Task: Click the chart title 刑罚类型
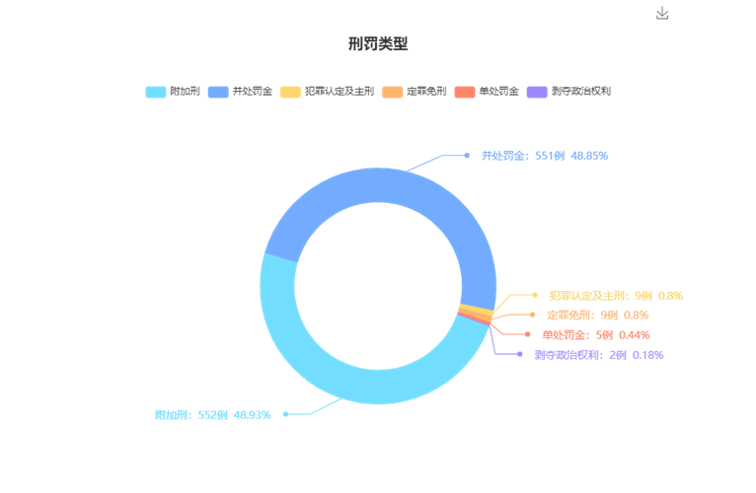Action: [x=378, y=43]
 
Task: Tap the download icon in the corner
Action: [x=662, y=13]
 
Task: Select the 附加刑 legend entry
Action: [x=173, y=92]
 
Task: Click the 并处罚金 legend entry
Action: [x=240, y=92]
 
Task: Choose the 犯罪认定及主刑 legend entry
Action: [x=327, y=92]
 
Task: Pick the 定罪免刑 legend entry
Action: [x=415, y=92]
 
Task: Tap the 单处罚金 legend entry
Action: [x=487, y=92]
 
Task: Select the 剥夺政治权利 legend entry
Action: [x=568, y=92]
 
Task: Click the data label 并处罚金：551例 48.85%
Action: [x=545, y=156]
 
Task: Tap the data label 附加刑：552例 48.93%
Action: [x=213, y=415]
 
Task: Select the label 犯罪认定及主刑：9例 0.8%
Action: [x=616, y=296]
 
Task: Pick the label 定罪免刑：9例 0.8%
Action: [x=597, y=316]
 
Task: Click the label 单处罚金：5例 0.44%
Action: [x=596, y=335]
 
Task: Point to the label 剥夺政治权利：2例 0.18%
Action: [x=599, y=355]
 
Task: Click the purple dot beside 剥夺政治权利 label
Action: [x=520, y=354]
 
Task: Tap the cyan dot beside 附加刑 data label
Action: [x=286, y=414]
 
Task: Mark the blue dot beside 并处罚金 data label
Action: [x=467, y=155]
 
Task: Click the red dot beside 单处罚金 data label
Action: [x=527, y=334]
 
